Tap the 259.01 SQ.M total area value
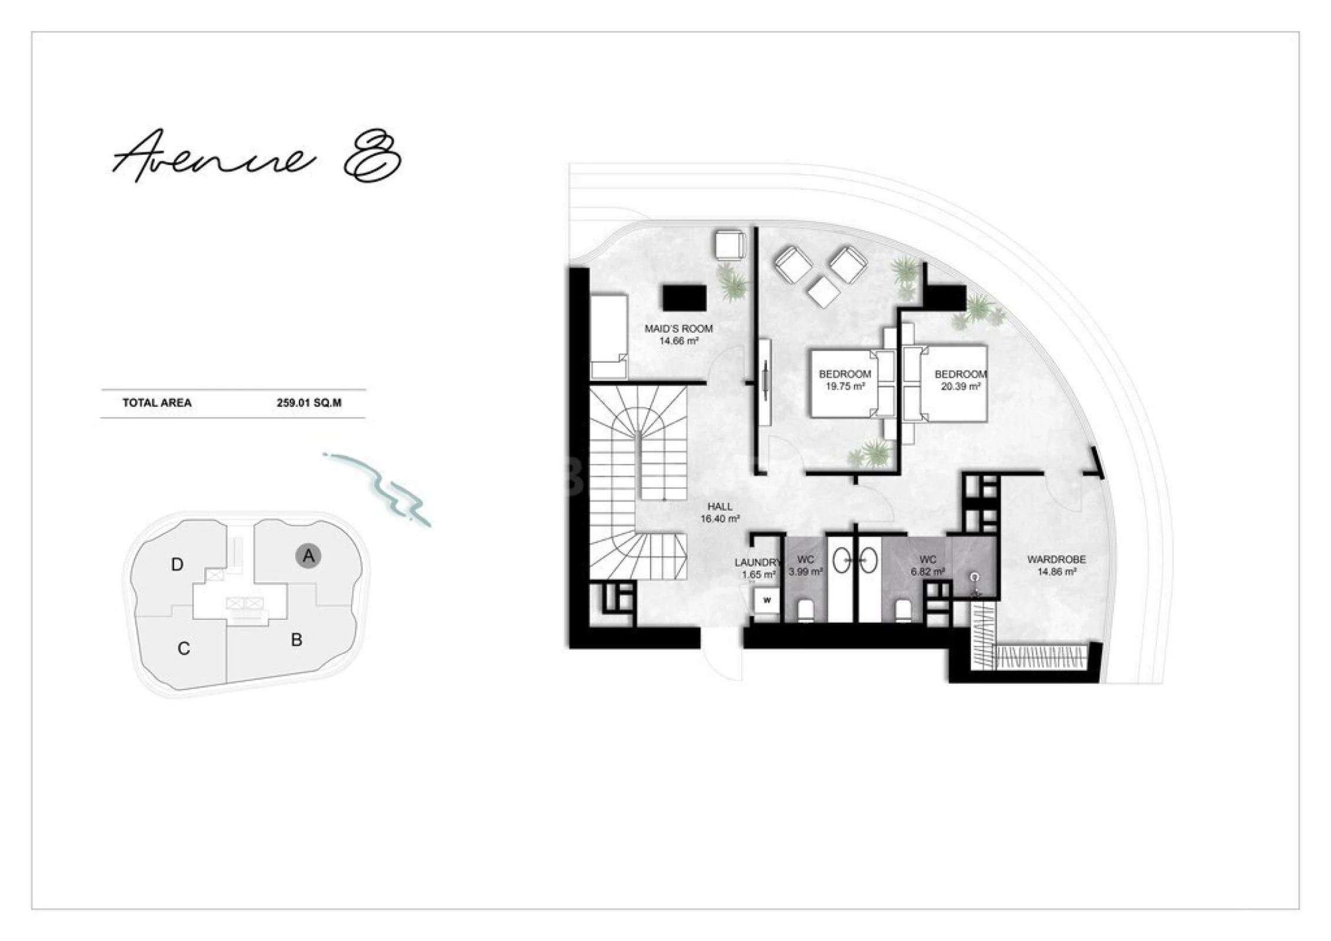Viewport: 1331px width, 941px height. (309, 403)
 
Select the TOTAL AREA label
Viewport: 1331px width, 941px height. (157, 403)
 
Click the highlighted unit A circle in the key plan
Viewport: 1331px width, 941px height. (308, 556)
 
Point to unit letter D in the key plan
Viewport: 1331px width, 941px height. (177, 565)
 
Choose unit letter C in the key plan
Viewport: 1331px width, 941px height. (184, 649)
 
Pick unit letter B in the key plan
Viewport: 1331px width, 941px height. (296, 640)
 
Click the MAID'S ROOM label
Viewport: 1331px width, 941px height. (678, 329)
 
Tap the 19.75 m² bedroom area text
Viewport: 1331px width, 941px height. (845, 387)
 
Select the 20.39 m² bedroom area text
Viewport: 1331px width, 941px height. (960, 387)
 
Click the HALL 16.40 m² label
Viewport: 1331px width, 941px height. (720, 512)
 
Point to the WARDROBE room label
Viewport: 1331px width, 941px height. (1056, 560)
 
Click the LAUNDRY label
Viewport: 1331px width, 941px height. (757, 563)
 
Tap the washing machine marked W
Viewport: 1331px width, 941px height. (767, 600)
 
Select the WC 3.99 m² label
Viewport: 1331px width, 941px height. (805, 565)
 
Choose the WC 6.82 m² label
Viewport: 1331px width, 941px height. (928, 565)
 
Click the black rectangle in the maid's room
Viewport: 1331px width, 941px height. (684, 298)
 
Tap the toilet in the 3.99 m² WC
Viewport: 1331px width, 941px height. (806, 611)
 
